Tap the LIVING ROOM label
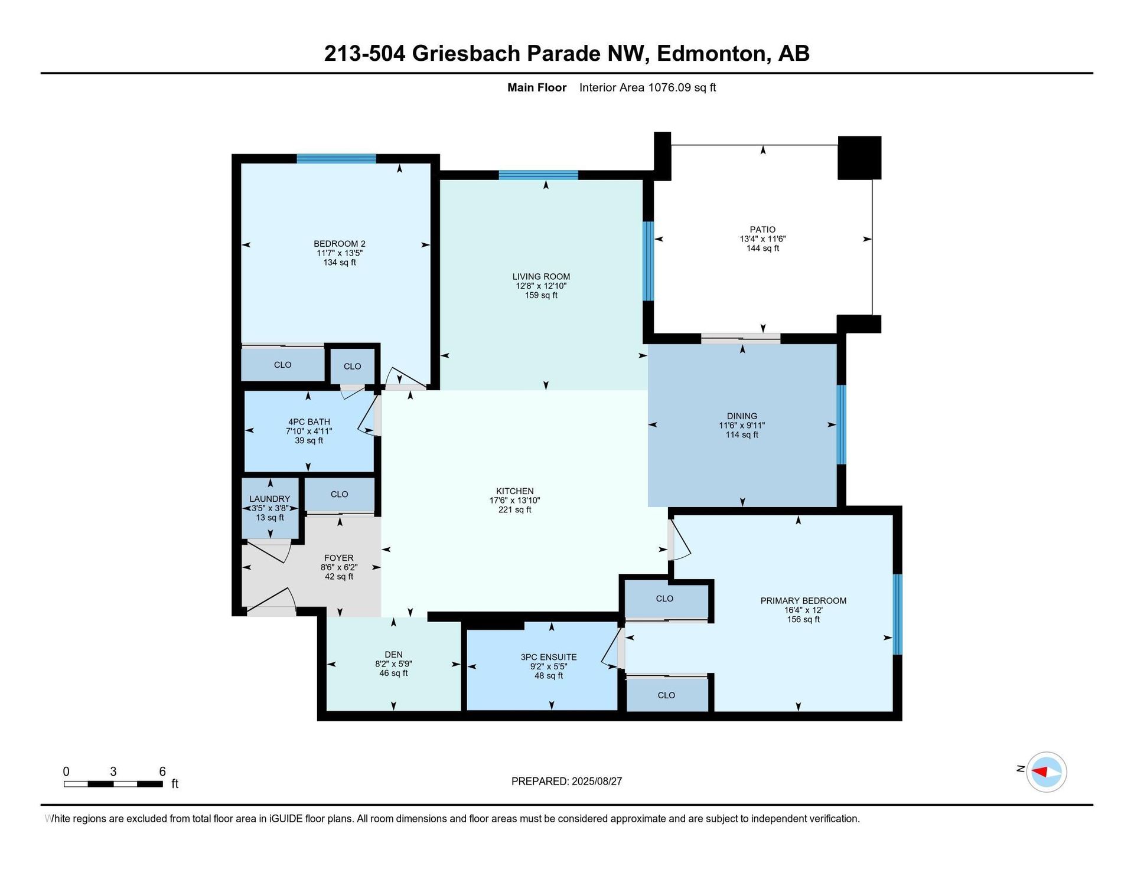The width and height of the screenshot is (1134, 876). (x=541, y=276)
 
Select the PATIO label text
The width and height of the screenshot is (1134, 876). (x=762, y=230)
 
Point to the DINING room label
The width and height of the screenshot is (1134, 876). (x=742, y=416)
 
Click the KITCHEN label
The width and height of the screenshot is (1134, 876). (x=515, y=491)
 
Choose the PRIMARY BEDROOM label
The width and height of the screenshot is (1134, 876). (x=803, y=601)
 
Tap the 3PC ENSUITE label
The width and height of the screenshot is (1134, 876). (x=549, y=657)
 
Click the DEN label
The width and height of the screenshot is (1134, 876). (x=393, y=654)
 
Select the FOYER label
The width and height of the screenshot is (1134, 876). (x=339, y=558)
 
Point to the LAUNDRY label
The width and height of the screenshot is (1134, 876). (x=270, y=499)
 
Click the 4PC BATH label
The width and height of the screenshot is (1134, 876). (x=309, y=422)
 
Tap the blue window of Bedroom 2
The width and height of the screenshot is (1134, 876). (x=336, y=158)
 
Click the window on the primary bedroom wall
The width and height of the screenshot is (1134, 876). (x=898, y=614)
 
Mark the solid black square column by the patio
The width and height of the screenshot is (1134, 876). (x=859, y=158)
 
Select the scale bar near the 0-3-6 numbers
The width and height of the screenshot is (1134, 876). (x=113, y=784)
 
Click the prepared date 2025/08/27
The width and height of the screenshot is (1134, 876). (x=597, y=782)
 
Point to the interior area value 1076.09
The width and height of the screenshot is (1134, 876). (x=670, y=87)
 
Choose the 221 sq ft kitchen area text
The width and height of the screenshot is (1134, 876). (x=515, y=510)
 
